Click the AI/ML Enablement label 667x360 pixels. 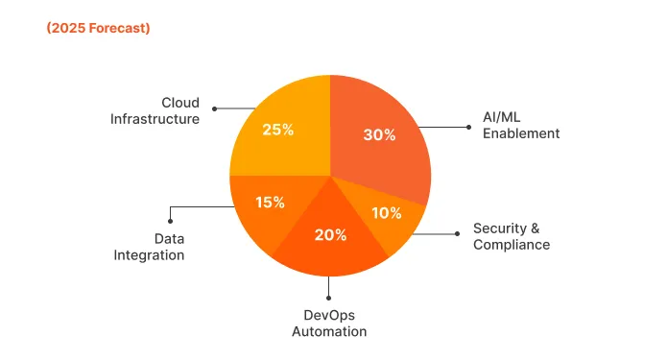pos(520,126)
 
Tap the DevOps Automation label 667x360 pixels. pos(329,323)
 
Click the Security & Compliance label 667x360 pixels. pos(512,236)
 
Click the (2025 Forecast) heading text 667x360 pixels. pos(98,28)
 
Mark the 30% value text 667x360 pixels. pos(379,135)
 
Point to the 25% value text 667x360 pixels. pos(277,129)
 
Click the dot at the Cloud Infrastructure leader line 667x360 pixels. pos(214,108)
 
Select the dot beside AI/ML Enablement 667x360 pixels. pos(469,126)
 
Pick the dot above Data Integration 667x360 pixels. pos(170,221)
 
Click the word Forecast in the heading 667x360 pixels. pos(115,28)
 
